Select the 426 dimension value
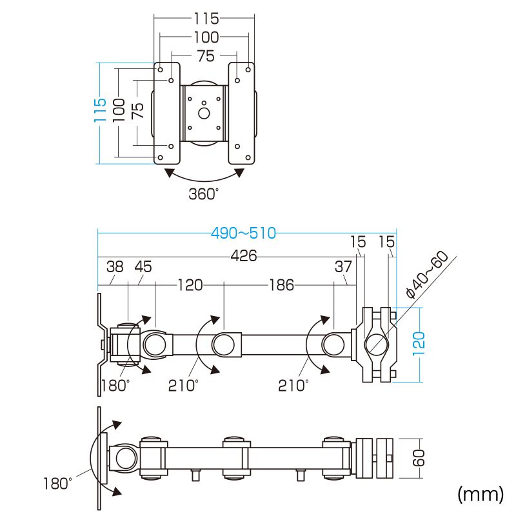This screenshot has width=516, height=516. (x=243, y=256)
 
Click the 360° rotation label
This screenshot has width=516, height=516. (x=204, y=193)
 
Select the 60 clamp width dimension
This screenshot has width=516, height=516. (x=418, y=459)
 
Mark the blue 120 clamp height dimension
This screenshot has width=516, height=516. (x=418, y=345)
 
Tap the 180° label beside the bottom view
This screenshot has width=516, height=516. (x=58, y=483)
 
